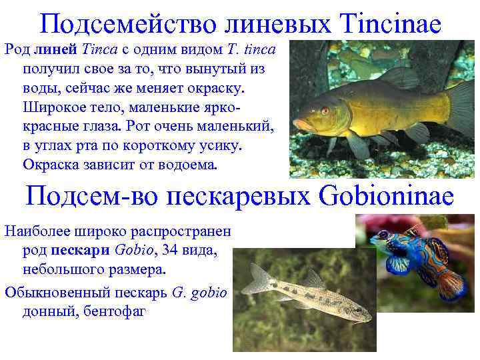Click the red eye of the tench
325,110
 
